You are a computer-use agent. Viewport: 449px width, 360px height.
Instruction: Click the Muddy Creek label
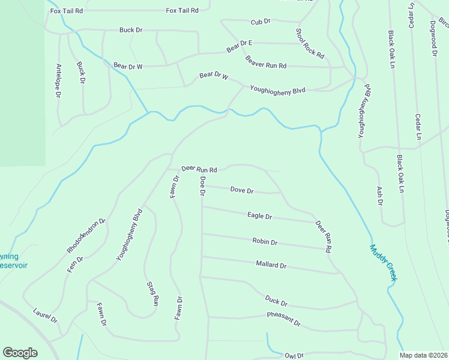[x=384, y=263]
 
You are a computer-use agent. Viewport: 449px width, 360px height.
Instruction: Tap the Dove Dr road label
[x=242, y=190]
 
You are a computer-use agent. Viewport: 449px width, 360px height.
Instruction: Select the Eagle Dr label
[x=260, y=216]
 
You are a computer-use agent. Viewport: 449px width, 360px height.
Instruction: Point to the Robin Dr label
[x=265, y=242]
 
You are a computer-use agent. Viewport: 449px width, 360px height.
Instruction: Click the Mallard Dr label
[x=271, y=265]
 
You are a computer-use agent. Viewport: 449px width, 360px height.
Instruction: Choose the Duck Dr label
[x=276, y=301]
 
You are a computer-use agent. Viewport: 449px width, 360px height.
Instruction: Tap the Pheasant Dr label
[x=283, y=319]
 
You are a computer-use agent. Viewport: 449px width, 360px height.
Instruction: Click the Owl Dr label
[x=295, y=356]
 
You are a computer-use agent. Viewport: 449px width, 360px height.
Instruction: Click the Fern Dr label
[x=75, y=264]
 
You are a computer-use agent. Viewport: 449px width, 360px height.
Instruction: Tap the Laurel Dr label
[x=45, y=316]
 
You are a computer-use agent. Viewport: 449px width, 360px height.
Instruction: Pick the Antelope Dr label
[x=58, y=80]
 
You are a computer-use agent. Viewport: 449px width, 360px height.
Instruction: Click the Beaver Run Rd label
[x=266, y=62]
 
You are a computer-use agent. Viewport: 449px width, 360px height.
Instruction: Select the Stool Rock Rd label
[x=310, y=43]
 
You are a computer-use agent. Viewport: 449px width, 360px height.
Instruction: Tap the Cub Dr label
[x=261, y=22]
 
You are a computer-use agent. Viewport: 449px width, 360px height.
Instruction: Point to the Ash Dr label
[x=379, y=195]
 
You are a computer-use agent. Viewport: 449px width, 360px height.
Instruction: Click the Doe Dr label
[x=203, y=186]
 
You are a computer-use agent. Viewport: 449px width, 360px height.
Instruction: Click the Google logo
[x=20, y=353]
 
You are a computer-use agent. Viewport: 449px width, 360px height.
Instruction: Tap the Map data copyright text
[x=423, y=355]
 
